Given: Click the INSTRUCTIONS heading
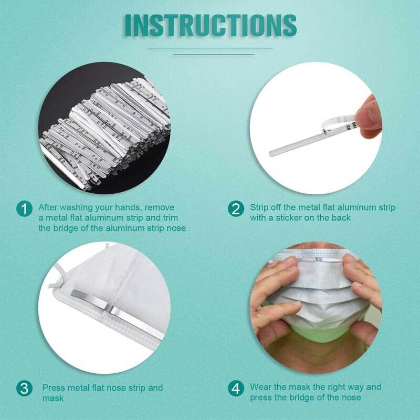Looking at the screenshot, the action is point(211,25).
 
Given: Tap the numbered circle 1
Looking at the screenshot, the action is point(24,208).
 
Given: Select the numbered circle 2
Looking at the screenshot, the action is point(236,208).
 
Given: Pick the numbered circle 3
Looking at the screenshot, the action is point(24,388).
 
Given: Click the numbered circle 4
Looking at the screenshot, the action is point(236,388).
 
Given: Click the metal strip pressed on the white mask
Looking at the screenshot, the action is point(117,313).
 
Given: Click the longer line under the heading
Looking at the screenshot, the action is point(211,48).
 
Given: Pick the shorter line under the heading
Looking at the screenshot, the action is point(214,54).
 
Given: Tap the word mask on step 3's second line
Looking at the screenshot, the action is point(53,398).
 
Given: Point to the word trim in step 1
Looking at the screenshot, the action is point(170,218).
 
